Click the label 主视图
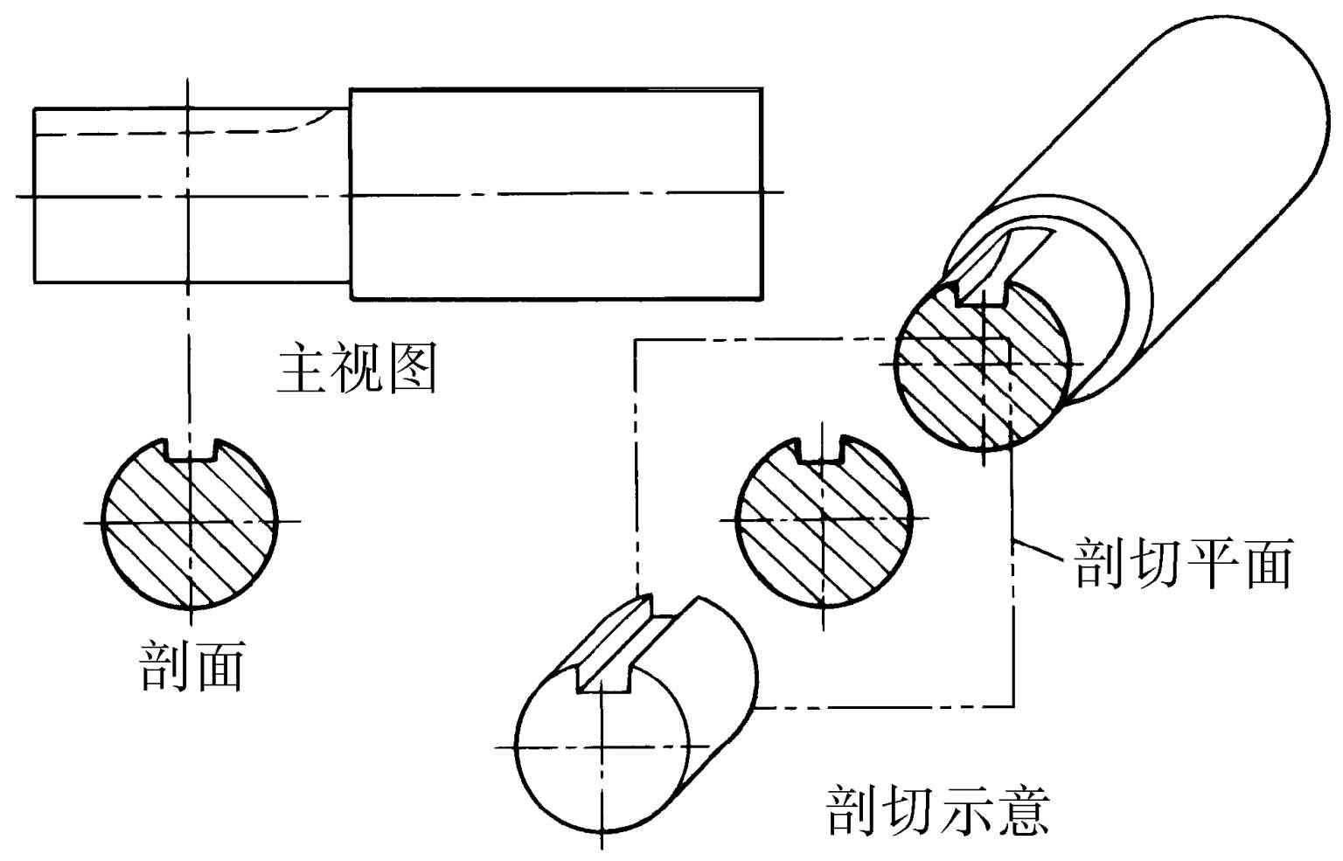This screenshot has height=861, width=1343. [357, 371]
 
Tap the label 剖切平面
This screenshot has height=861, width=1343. [1183, 562]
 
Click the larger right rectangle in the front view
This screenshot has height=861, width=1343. [556, 193]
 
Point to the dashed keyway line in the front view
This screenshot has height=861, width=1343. [157, 135]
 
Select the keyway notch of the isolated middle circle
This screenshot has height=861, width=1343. [822, 449]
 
